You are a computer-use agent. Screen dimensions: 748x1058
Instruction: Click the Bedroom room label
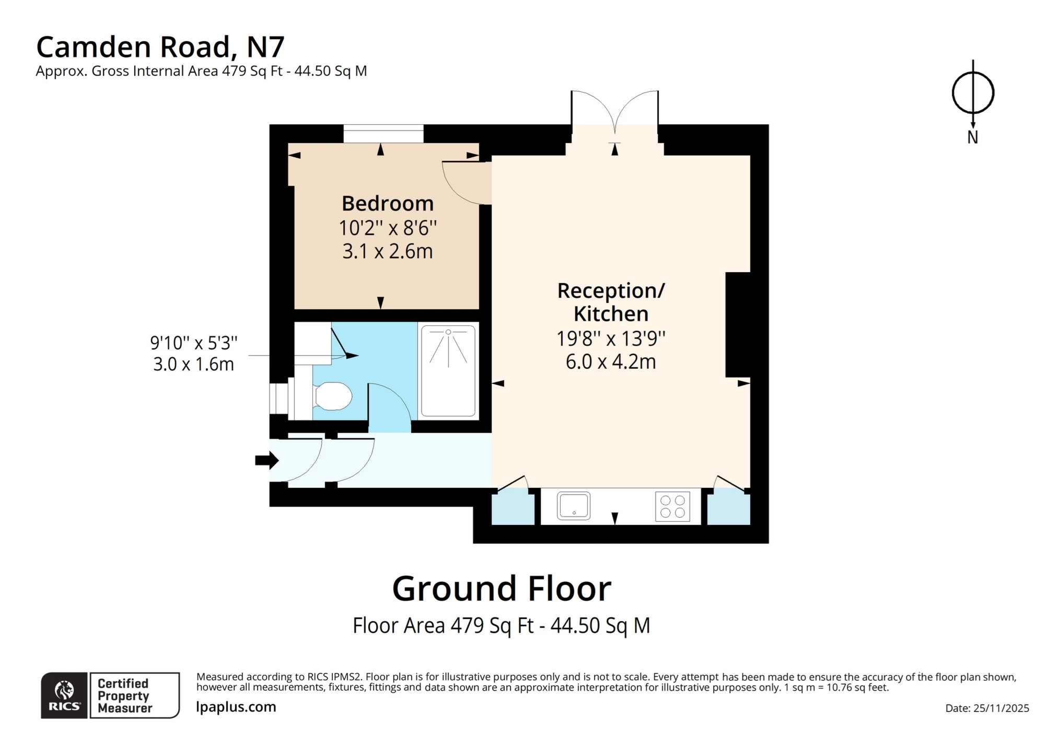click(x=387, y=203)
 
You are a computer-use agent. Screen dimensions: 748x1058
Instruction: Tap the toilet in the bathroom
click(x=333, y=396)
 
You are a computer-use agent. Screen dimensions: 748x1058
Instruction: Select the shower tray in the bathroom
click(x=448, y=371)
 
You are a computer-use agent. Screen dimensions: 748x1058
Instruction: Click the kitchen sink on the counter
click(x=573, y=505)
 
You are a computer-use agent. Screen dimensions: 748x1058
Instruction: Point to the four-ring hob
click(x=672, y=506)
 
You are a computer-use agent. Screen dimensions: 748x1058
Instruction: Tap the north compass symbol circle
click(x=972, y=93)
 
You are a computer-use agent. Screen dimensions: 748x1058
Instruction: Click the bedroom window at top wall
click(x=383, y=133)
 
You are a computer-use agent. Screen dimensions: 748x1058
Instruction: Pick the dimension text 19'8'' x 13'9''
click(x=610, y=338)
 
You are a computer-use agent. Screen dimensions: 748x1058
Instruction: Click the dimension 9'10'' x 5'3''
click(x=193, y=343)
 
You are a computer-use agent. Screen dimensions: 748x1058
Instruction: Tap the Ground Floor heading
click(x=501, y=589)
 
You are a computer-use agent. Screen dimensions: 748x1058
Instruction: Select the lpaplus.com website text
click(x=236, y=707)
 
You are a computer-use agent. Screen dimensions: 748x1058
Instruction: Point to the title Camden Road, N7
click(x=160, y=47)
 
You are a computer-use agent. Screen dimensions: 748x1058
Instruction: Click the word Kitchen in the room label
click(x=610, y=314)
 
